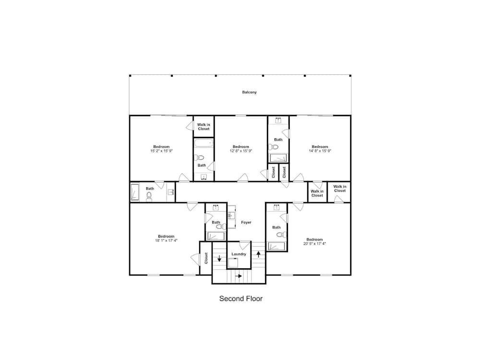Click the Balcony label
[249, 92]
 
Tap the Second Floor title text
[241, 299]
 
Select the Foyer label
[246, 222]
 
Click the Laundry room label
[239, 254]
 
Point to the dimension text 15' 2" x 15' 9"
[161, 151]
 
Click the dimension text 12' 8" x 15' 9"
[241, 151]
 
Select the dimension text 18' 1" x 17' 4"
[166, 240]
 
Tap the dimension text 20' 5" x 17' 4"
[314, 243]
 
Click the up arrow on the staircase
[258, 253]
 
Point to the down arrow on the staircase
[219, 258]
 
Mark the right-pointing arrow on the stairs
[239, 276]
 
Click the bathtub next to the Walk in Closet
[204, 143]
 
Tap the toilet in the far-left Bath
[149, 197]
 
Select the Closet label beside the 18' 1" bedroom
[206, 258]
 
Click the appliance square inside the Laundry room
[233, 263]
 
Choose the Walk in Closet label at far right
[340, 189]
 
